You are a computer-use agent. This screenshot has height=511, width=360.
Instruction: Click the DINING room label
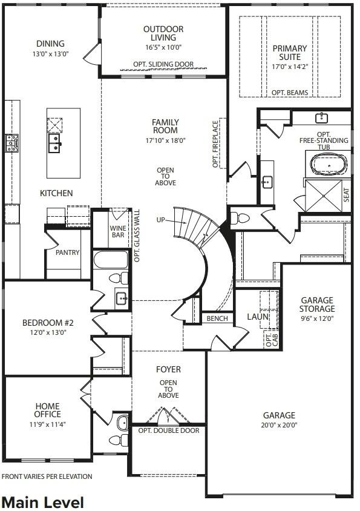50,44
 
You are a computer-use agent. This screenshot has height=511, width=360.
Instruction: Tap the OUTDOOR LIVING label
163,33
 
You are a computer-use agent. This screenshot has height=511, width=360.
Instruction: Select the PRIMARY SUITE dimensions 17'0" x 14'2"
289,67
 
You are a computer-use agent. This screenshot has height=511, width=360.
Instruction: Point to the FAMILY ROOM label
165,126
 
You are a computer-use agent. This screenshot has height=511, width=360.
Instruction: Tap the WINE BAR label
117,232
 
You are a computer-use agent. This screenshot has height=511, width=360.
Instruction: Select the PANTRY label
67,252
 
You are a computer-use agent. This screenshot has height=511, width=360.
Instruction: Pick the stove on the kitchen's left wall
11,143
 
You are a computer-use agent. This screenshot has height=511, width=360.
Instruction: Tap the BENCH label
217,318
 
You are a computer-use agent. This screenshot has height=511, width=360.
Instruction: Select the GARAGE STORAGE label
317,304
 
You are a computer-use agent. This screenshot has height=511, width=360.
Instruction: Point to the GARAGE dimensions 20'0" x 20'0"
278,424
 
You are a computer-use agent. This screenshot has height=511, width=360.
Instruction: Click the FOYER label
168,369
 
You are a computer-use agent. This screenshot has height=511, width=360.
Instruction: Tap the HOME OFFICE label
47,410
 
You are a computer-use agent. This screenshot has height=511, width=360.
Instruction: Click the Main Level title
42,502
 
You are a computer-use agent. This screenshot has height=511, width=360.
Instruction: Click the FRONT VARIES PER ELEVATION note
47,476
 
